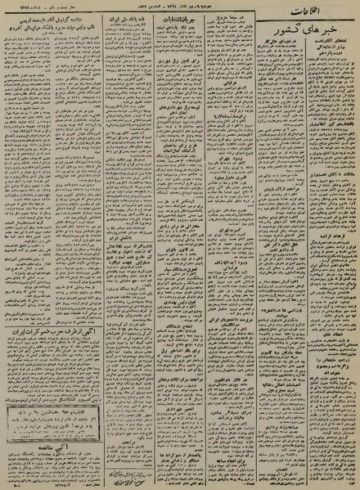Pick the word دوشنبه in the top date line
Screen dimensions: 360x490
coord(218,9)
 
